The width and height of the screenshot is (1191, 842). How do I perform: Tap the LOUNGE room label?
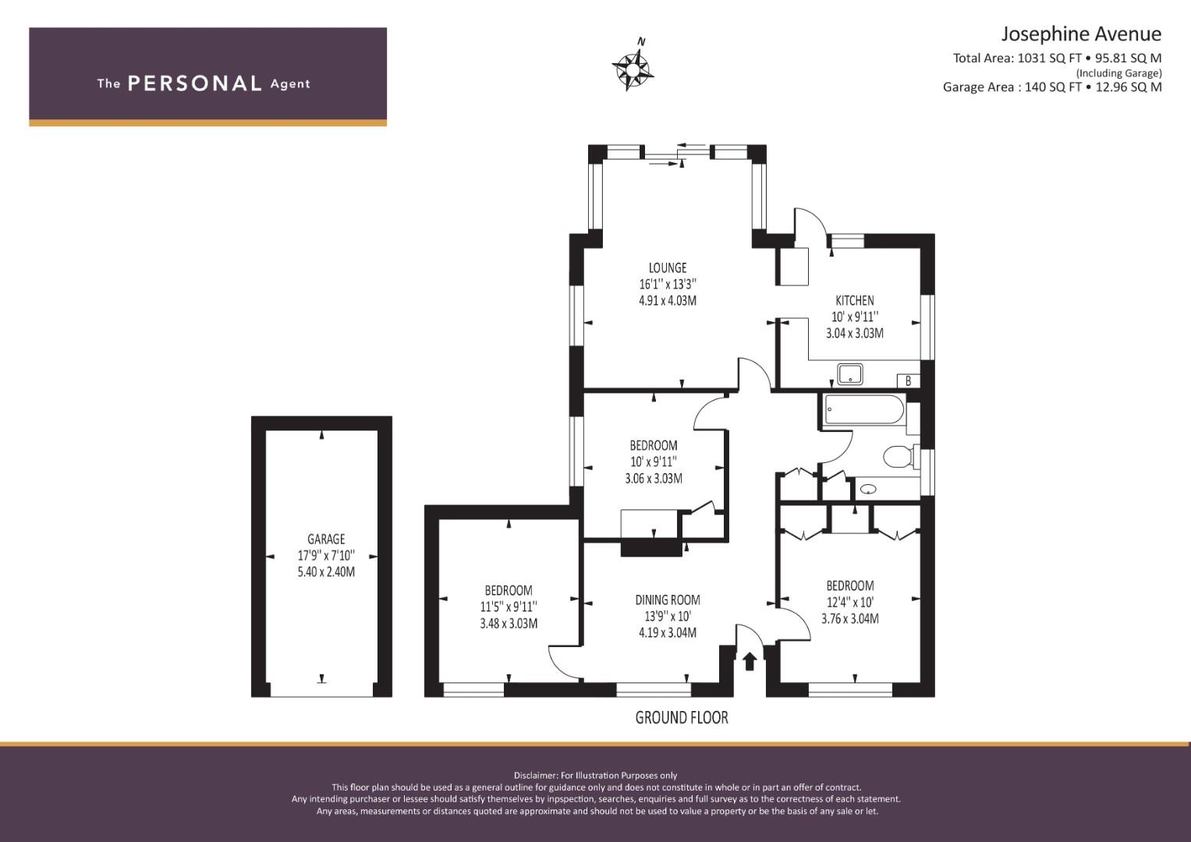tap(668, 268)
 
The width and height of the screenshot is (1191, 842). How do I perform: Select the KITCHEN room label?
tap(854, 300)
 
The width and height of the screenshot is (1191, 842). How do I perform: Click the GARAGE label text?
tap(326, 539)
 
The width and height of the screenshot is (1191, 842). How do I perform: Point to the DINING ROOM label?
tap(668, 600)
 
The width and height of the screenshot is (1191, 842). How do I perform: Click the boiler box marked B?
tap(908, 380)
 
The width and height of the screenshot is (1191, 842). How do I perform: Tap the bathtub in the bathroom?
tap(864, 409)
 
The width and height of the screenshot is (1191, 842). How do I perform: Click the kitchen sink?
tap(849, 373)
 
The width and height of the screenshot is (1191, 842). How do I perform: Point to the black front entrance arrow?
tap(750, 661)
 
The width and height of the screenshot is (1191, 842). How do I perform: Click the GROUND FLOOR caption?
tap(682, 718)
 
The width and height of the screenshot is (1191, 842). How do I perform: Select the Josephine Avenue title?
tap(1082, 34)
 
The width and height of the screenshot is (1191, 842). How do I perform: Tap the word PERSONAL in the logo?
tap(195, 83)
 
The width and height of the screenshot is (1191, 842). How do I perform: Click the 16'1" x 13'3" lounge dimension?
tap(668, 285)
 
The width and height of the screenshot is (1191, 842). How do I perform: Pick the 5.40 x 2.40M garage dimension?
tap(326, 572)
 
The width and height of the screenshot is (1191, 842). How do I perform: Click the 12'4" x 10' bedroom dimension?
tap(849, 602)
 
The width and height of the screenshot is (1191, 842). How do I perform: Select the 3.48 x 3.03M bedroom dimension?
tap(509, 623)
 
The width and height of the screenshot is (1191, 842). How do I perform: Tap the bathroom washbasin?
tap(869, 489)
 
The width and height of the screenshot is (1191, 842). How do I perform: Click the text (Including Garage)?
tap(1118, 73)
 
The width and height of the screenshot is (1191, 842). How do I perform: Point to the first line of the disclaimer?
tap(596, 776)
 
